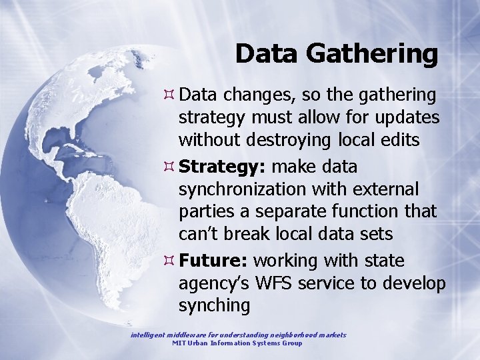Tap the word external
(x=383, y=189)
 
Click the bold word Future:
(x=213, y=259)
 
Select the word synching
(x=214, y=306)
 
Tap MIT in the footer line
(x=179, y=343)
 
